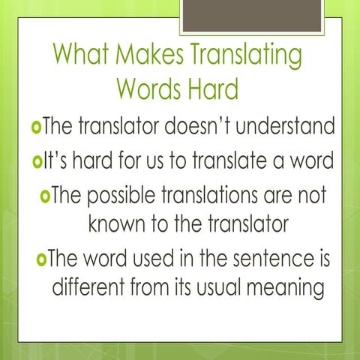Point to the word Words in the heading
pos(151,90)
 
